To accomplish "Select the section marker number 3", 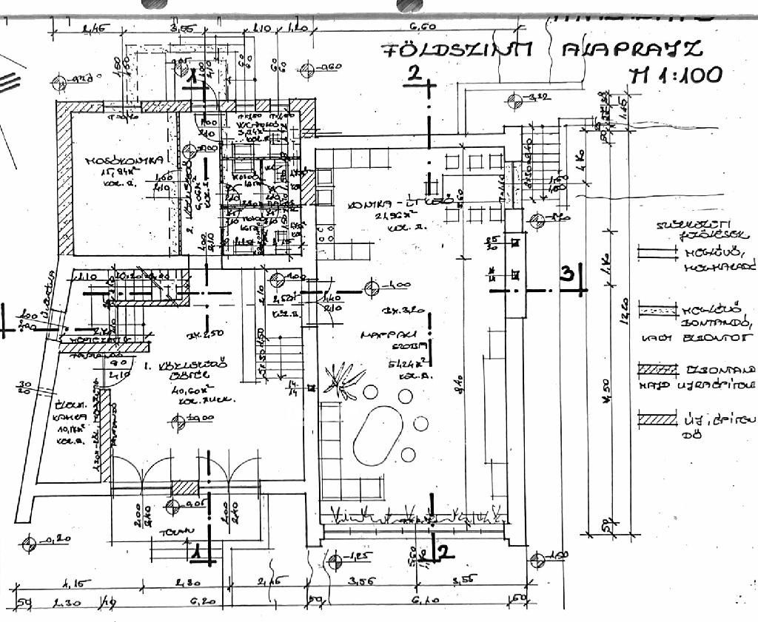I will point(568,274).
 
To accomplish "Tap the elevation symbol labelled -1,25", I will point(337,561).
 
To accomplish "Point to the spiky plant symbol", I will point(341,377).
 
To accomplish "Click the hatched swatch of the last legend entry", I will point(657,420).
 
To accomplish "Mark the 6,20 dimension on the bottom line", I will point(198,602).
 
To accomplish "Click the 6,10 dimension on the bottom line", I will point(421,602).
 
